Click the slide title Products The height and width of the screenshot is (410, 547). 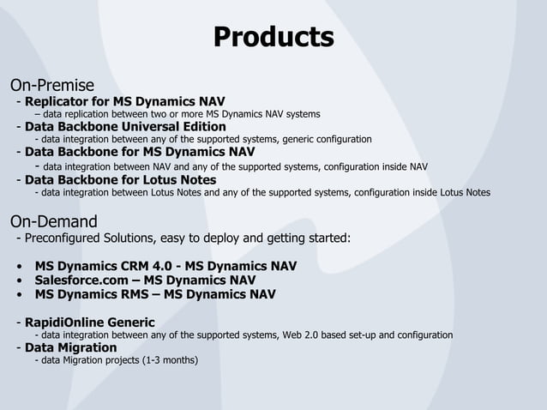273,38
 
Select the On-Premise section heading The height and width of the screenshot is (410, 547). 51,85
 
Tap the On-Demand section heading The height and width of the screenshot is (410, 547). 53,221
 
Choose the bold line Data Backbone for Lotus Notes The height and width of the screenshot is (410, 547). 120,180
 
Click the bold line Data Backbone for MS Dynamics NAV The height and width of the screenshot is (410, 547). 140,153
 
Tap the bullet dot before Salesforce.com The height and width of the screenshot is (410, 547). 19,280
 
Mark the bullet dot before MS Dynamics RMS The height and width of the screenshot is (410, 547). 19,295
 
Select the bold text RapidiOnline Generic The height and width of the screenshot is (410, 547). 90,323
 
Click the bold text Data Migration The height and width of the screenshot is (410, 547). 70,347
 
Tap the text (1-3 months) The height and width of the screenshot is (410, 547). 171,360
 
